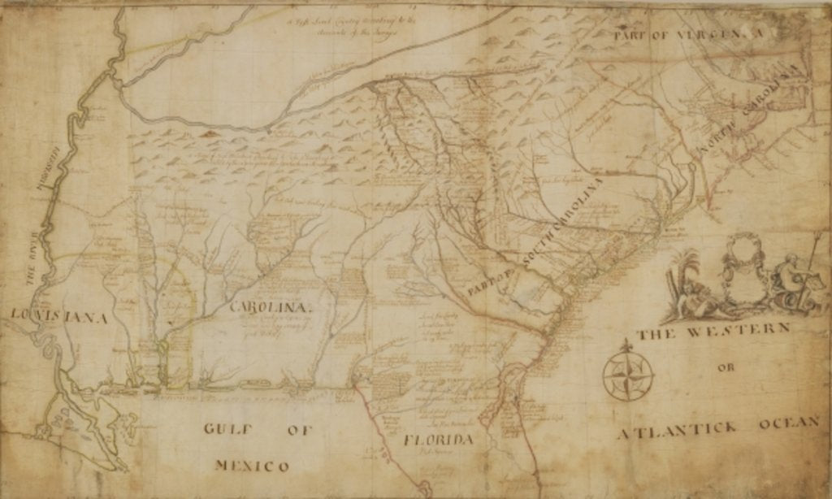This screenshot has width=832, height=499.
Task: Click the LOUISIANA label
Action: [58, 317]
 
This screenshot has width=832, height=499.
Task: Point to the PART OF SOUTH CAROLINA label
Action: [536, 236]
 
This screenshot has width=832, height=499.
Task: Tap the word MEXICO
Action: [251, 466]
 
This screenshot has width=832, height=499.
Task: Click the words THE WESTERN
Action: [713, 332]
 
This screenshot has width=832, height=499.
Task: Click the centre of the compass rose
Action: [627, 376]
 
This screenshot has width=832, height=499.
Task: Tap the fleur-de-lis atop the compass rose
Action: [627, 345]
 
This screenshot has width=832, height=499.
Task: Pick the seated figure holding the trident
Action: [790, 276]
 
